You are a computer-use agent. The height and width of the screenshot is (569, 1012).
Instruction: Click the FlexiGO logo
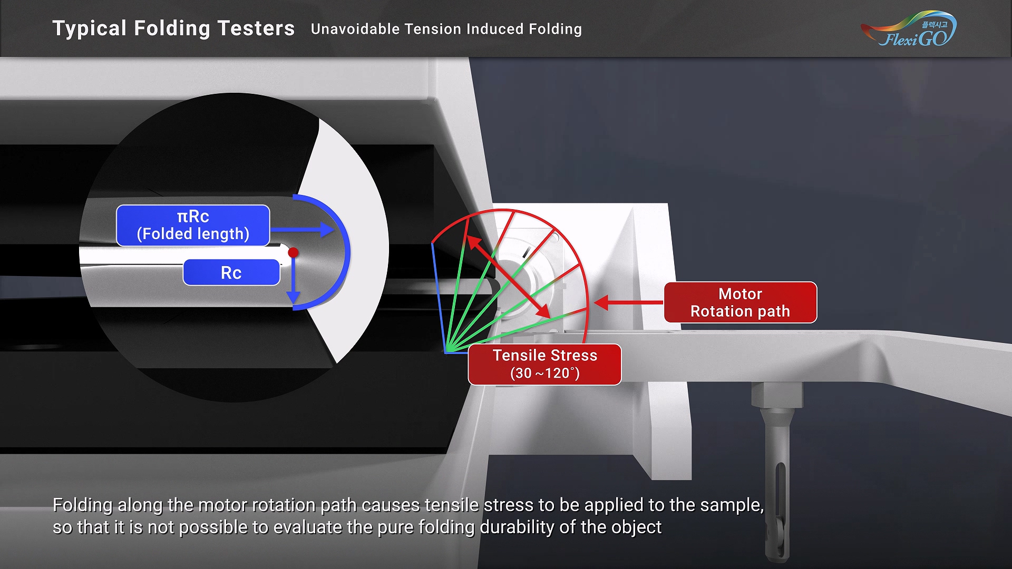pos(909,30)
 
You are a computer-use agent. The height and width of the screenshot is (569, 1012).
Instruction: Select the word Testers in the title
pos(256,28)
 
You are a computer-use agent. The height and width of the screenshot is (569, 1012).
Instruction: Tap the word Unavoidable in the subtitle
pos(356,29)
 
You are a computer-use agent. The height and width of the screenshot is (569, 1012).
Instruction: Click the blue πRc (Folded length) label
pos(193,225)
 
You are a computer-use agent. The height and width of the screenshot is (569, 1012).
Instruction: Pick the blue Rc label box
pos(231,272)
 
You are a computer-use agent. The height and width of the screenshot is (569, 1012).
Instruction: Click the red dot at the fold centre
pos(294,253)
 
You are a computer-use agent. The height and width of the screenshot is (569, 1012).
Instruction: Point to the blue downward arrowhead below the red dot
pos(294,298)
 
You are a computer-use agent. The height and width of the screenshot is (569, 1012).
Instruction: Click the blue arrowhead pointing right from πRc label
pos(327,229)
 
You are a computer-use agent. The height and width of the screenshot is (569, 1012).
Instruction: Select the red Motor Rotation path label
pos(741,302)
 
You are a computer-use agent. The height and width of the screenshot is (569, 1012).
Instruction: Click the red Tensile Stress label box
pos(545,365)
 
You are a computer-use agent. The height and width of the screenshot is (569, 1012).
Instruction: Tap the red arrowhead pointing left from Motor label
pos(601,302)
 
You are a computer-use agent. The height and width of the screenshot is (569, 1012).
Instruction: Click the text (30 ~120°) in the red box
pos(545,373)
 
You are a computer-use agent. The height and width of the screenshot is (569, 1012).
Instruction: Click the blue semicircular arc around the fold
pos(347,252)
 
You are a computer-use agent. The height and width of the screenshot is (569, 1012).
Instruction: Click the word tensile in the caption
pos(452,505)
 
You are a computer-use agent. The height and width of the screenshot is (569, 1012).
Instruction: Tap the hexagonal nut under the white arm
pos(777,395)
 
